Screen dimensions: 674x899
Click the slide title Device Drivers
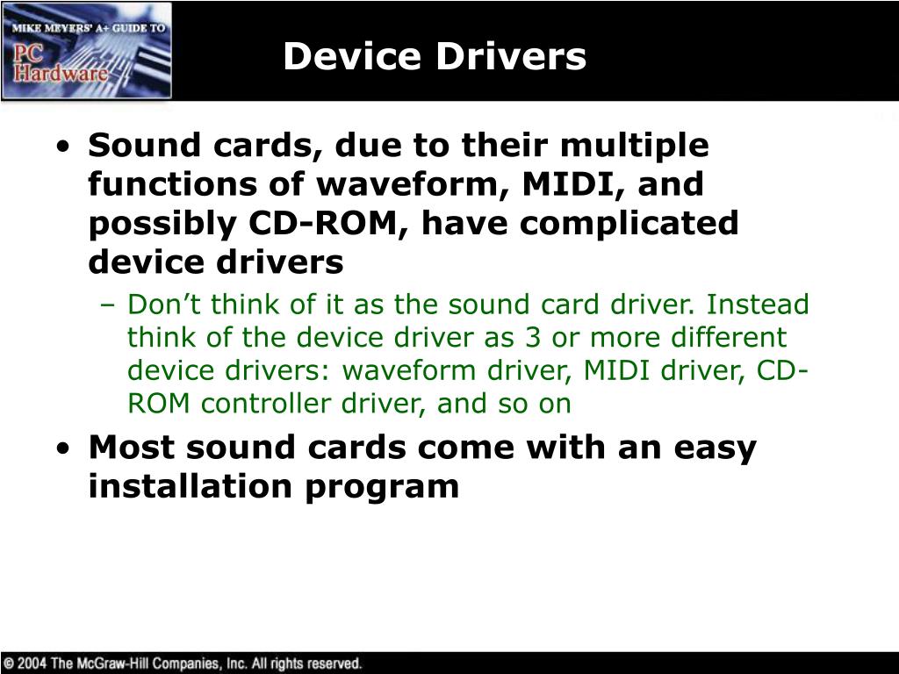click(435, 57)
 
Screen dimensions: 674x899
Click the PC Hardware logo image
click(87, 51)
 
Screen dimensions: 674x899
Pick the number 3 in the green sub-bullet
click(524, 338)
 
